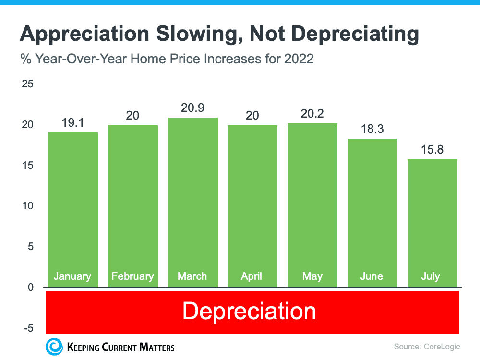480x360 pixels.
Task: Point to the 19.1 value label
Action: (72, 123)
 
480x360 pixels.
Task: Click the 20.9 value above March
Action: (192, 108)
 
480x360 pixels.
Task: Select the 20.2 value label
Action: (312, 114)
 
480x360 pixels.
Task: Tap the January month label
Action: (72, 276)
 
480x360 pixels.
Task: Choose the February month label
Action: (132, 276)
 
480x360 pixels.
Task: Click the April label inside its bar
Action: (252, 276)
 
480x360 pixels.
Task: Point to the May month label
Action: (312, 276)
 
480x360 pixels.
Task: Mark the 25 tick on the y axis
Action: (28, 84)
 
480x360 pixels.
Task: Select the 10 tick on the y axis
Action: (28, 206)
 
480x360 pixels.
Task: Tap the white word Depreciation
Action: (249, 311)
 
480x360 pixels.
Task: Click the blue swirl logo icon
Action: (54, 347)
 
